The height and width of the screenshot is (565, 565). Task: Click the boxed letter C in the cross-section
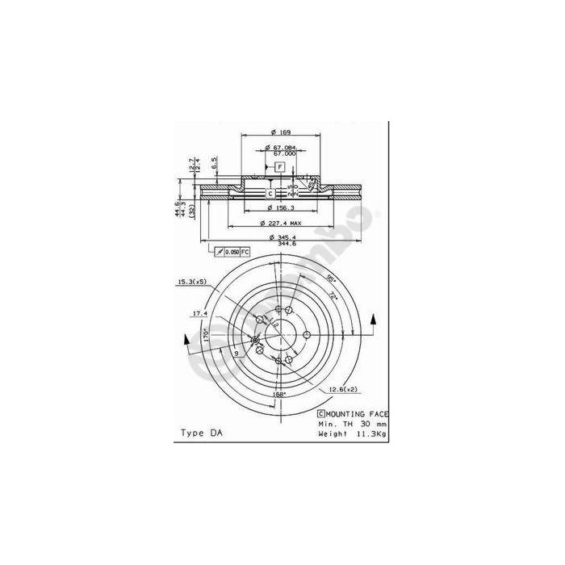270,193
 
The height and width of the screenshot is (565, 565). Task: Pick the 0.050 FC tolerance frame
233,253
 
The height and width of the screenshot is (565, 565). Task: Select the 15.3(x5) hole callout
190,282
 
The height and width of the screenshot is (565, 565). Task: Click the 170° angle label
207,333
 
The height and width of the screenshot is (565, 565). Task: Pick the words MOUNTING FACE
358,412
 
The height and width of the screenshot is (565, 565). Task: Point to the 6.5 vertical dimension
214,164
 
